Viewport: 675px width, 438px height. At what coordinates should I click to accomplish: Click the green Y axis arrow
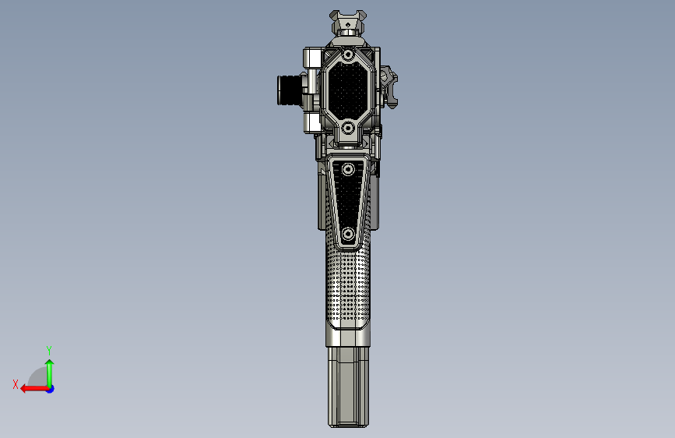[x=49, y=372]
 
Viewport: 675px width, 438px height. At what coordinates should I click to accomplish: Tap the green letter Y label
[x=49, y=350]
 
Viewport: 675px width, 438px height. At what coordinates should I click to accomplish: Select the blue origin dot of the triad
[x=50, y=388]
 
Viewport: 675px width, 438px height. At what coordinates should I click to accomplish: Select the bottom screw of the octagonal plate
[x=348, y=127]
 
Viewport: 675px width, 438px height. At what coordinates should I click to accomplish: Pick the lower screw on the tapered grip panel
[x=348, y=233]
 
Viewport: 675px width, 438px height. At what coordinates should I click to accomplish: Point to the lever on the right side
[x=392, y=90]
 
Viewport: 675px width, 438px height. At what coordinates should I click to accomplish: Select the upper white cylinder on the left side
[x=312, y=58]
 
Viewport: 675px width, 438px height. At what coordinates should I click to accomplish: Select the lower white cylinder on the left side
[x=312, y=122]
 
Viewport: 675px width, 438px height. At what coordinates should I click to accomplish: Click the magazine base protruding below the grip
[x=348, y=386]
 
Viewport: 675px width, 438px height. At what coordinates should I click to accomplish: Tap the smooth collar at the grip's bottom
[x=348, y=336]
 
